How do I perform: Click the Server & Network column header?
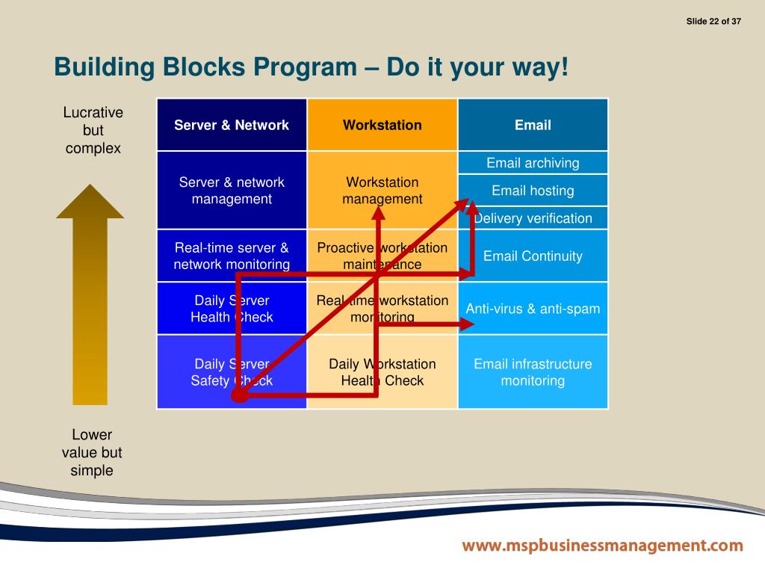232,125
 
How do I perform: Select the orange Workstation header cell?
382,125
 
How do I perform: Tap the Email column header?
533,125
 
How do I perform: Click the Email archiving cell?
533,163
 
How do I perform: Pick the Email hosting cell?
533,191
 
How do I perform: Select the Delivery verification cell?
533,218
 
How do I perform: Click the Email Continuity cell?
533,256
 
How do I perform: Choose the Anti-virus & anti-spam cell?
533,308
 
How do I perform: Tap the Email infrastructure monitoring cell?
533,372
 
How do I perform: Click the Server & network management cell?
232,191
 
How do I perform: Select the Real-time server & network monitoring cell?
232,256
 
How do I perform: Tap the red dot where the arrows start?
239,395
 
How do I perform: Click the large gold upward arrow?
90,299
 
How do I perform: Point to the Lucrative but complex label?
93,130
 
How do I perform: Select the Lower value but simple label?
92,452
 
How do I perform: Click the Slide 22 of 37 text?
713,21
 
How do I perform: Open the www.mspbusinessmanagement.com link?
602,546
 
